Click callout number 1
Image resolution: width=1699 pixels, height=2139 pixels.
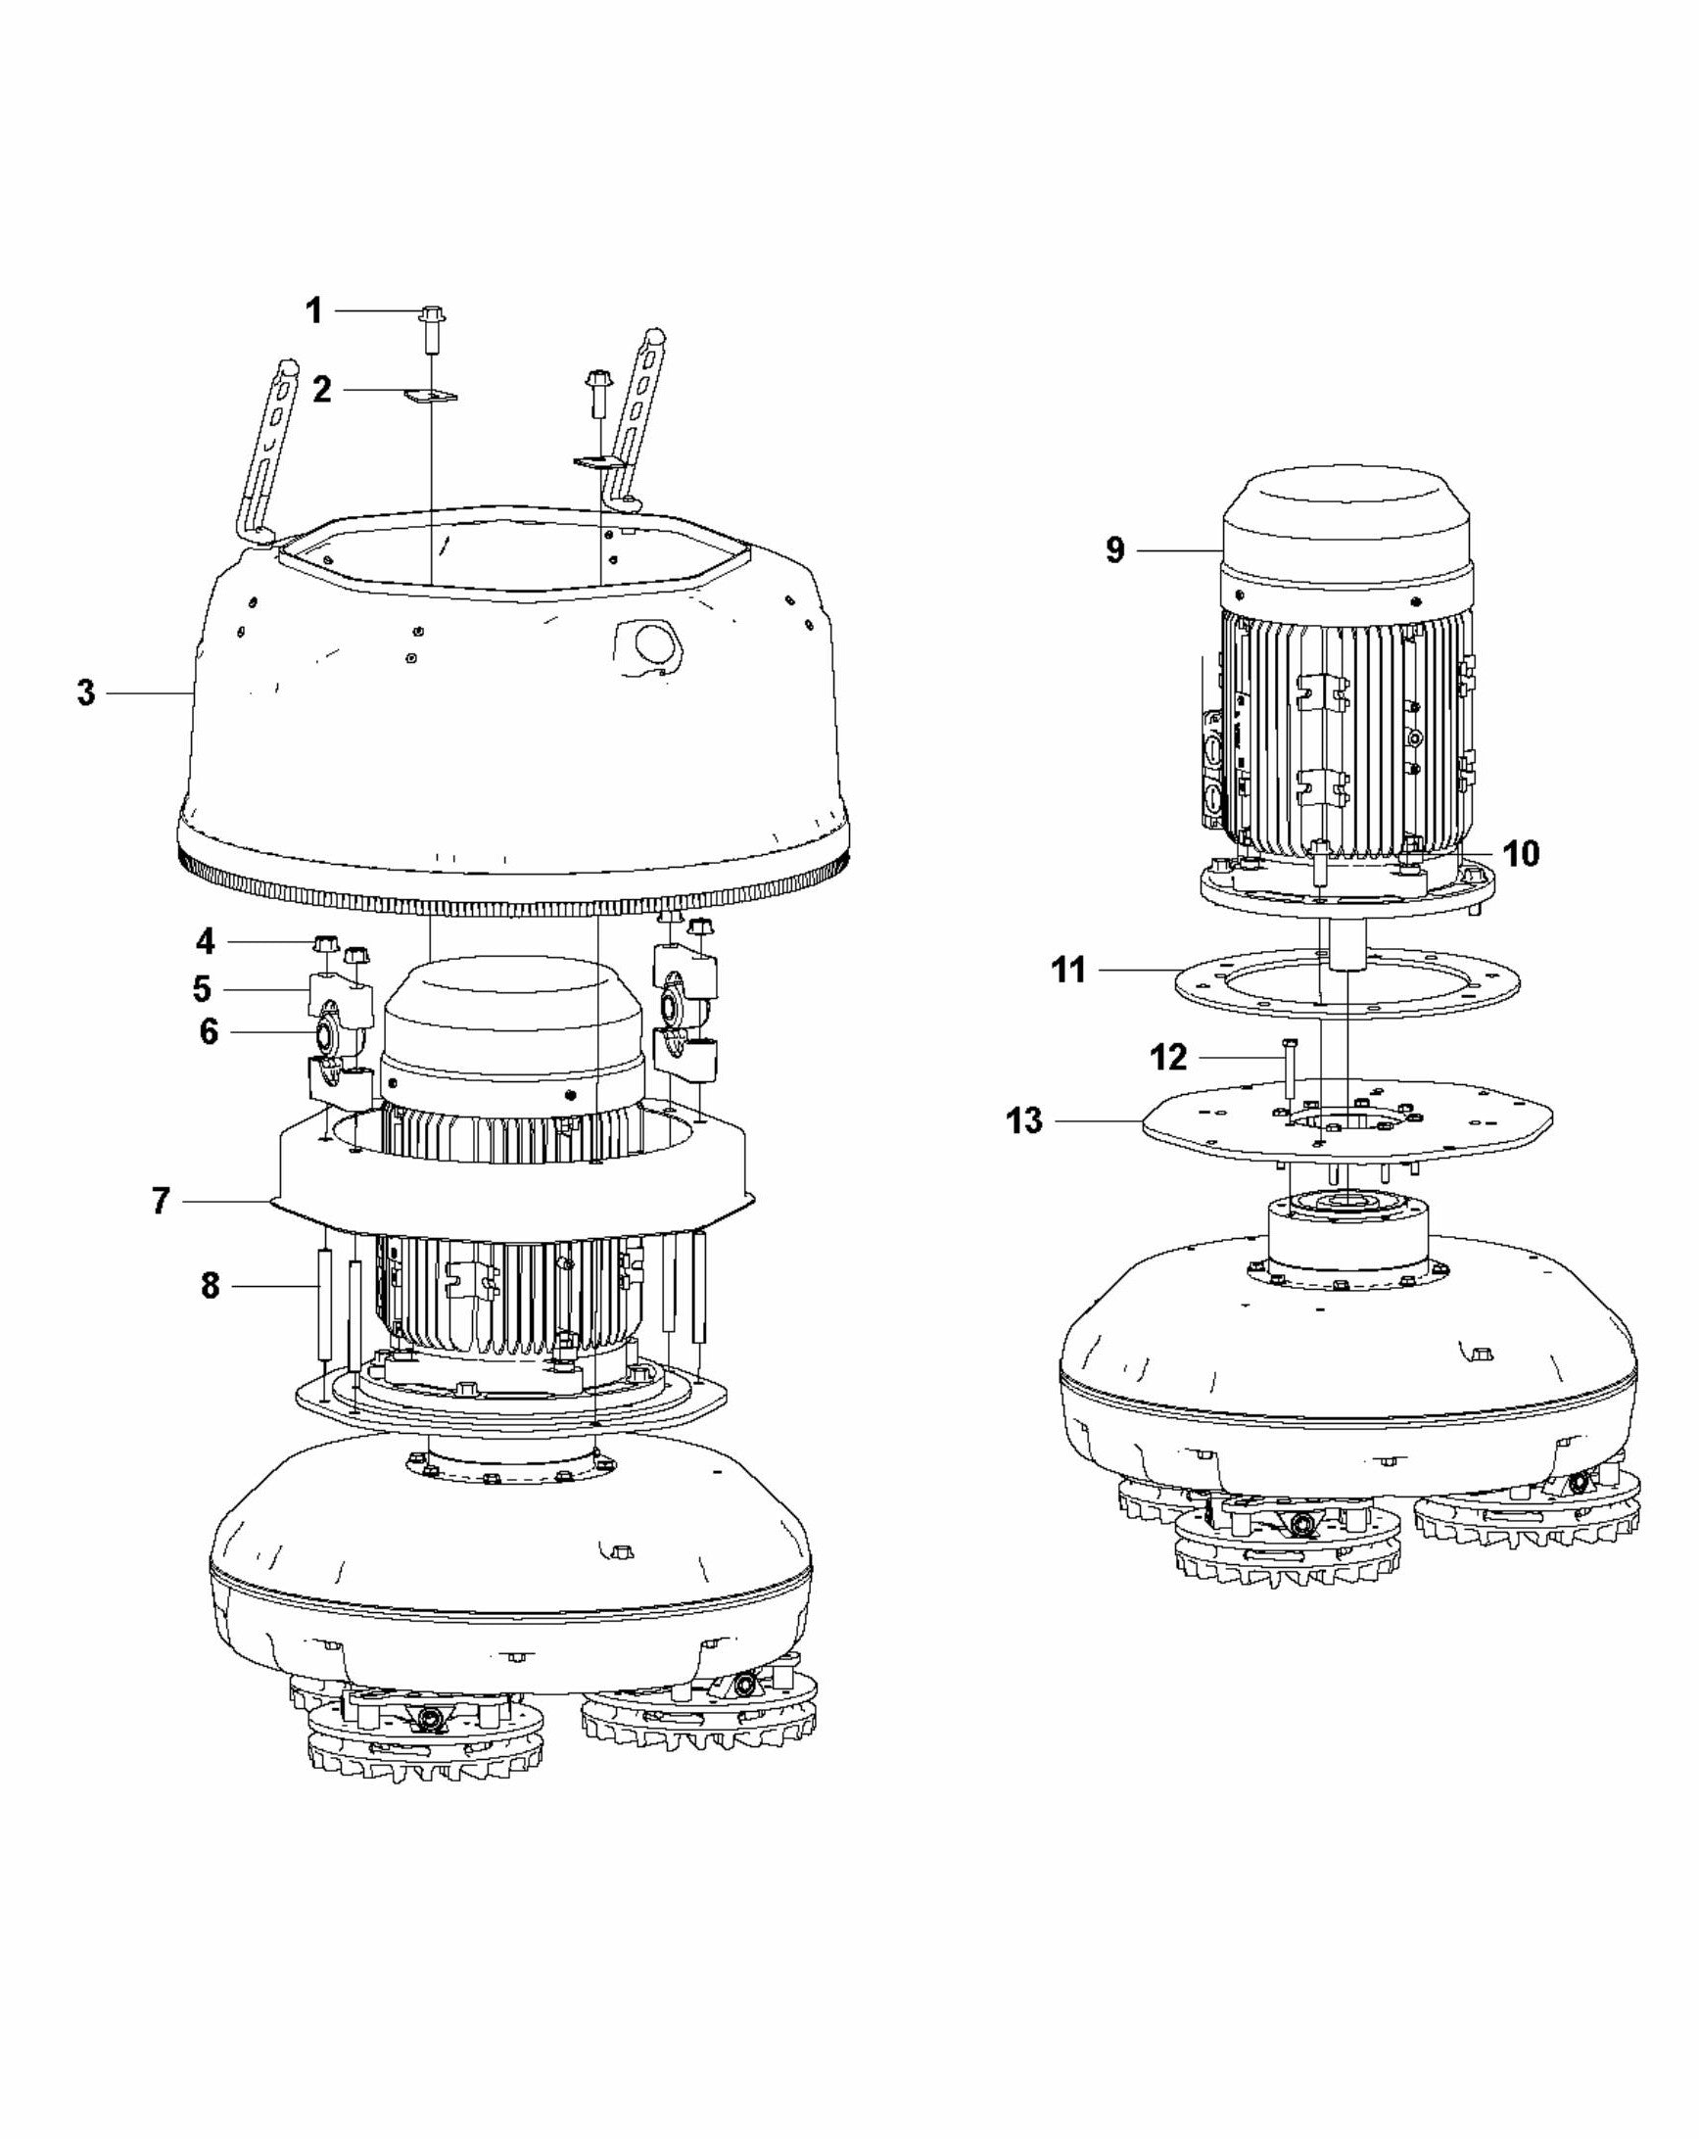[x=313, y=310]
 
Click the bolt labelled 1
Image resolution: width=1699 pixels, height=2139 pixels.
[x=433, y=328]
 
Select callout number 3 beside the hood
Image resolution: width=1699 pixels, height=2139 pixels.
[x=86, y=692]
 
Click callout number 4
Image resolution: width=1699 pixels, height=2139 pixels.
[x=206, y=939]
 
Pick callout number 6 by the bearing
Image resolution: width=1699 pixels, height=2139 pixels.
[x=209, y=1032]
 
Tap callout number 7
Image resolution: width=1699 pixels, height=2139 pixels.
[x=162, y=1202]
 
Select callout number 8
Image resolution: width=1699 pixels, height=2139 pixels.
[x=211, y=1286]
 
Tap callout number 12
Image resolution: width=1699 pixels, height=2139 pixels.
[x=1168, y=1058]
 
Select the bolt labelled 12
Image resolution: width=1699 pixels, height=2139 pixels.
[x=1289, y=1068]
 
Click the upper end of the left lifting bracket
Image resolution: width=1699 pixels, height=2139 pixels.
[x=289, y=370]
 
